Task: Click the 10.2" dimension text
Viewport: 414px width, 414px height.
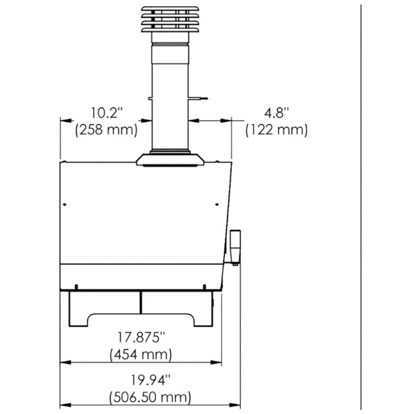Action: click(x=107, y=113)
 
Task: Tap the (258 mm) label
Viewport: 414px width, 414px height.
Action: click(x=106, y=130)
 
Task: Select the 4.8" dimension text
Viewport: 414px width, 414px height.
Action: click(x=277, y=113)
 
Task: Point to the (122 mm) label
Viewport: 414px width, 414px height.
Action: click(x=277, y=130)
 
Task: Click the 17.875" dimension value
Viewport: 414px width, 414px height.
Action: click(x=141, y=337)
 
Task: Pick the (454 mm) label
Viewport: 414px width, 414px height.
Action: click(x=141, y=354)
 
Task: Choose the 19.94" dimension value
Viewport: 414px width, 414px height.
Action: click(x=151, y=380)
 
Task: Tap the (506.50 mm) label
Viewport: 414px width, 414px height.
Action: click(x=150, y=397)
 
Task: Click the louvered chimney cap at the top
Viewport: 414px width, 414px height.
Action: click(x=170, y=19)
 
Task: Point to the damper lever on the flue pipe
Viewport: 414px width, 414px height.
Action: click(x=198, y=99)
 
